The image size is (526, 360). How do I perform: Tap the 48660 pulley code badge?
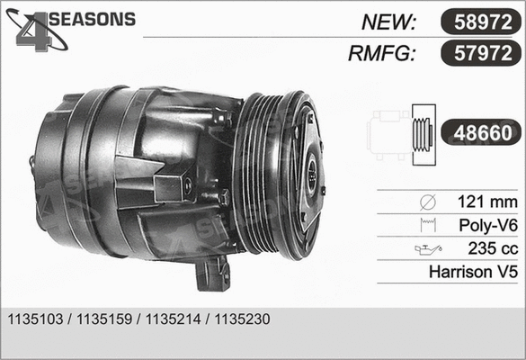tap(477, 133)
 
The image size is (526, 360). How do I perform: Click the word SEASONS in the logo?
tap(90, 19)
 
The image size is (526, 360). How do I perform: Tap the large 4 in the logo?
tap(36, 32)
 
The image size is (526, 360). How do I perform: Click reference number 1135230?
tap(241, 319)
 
